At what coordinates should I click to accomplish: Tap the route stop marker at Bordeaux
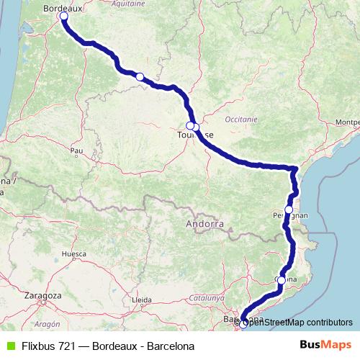(63, 15)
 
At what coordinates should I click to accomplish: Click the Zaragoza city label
(42, 295)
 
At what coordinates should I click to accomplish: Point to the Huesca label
(74, 254)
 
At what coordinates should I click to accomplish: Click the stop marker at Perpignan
(289, 210)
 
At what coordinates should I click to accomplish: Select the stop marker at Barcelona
(243, 323)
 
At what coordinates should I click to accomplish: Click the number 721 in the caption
(64, 346)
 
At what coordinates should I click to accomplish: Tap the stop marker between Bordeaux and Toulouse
(140, 76)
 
